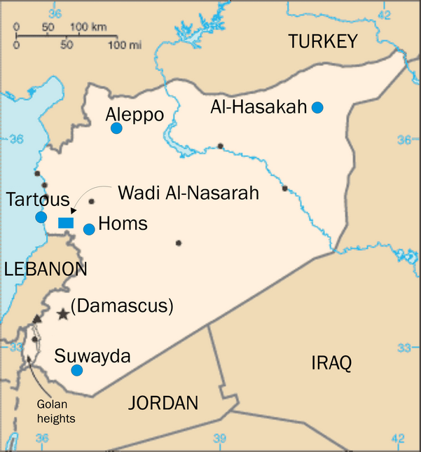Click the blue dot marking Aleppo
[x=116, y=128]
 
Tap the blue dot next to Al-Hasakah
[x=317, y=107]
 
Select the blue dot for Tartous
[x=41, y=217]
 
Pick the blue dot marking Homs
[x=89, y=229]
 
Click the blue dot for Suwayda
[x=77, y=370]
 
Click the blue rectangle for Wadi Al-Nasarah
[x=66, y=223]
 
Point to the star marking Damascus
[x=63, y=314]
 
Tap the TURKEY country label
[x=323, y=42]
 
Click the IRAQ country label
[x=331, y=362]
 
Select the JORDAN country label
[x=163, y=403]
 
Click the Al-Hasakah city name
[x=258, y=107]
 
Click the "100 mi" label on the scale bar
[x=125, y=45]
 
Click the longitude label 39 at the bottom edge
[x=220, y=439]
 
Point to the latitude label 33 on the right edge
[x=404, y=348]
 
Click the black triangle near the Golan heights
[x=36, y=319]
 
